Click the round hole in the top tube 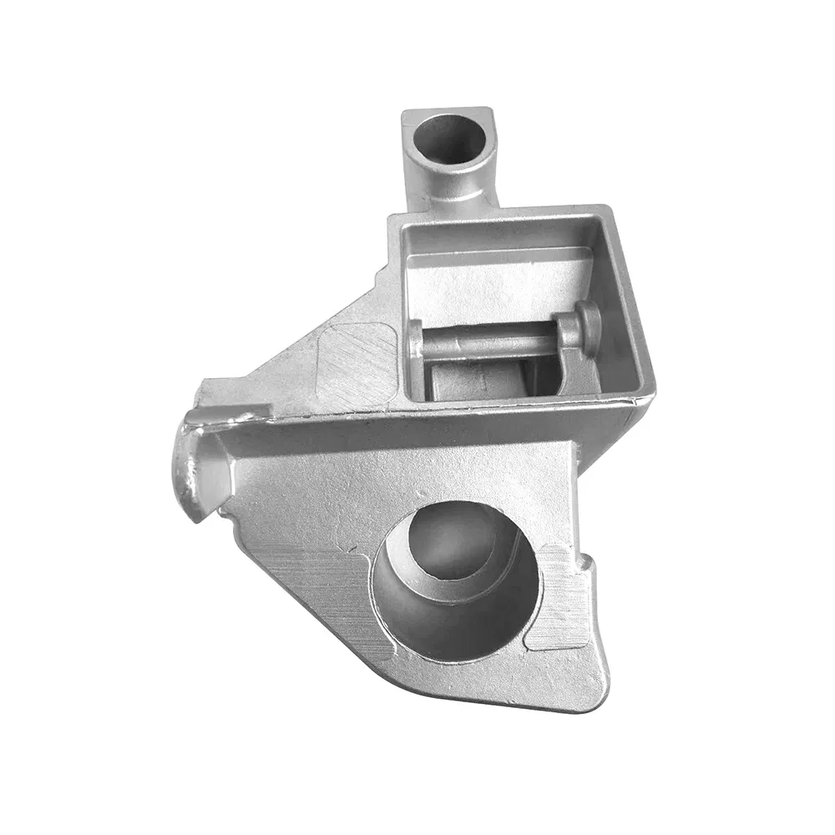click(x=449, y=138)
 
